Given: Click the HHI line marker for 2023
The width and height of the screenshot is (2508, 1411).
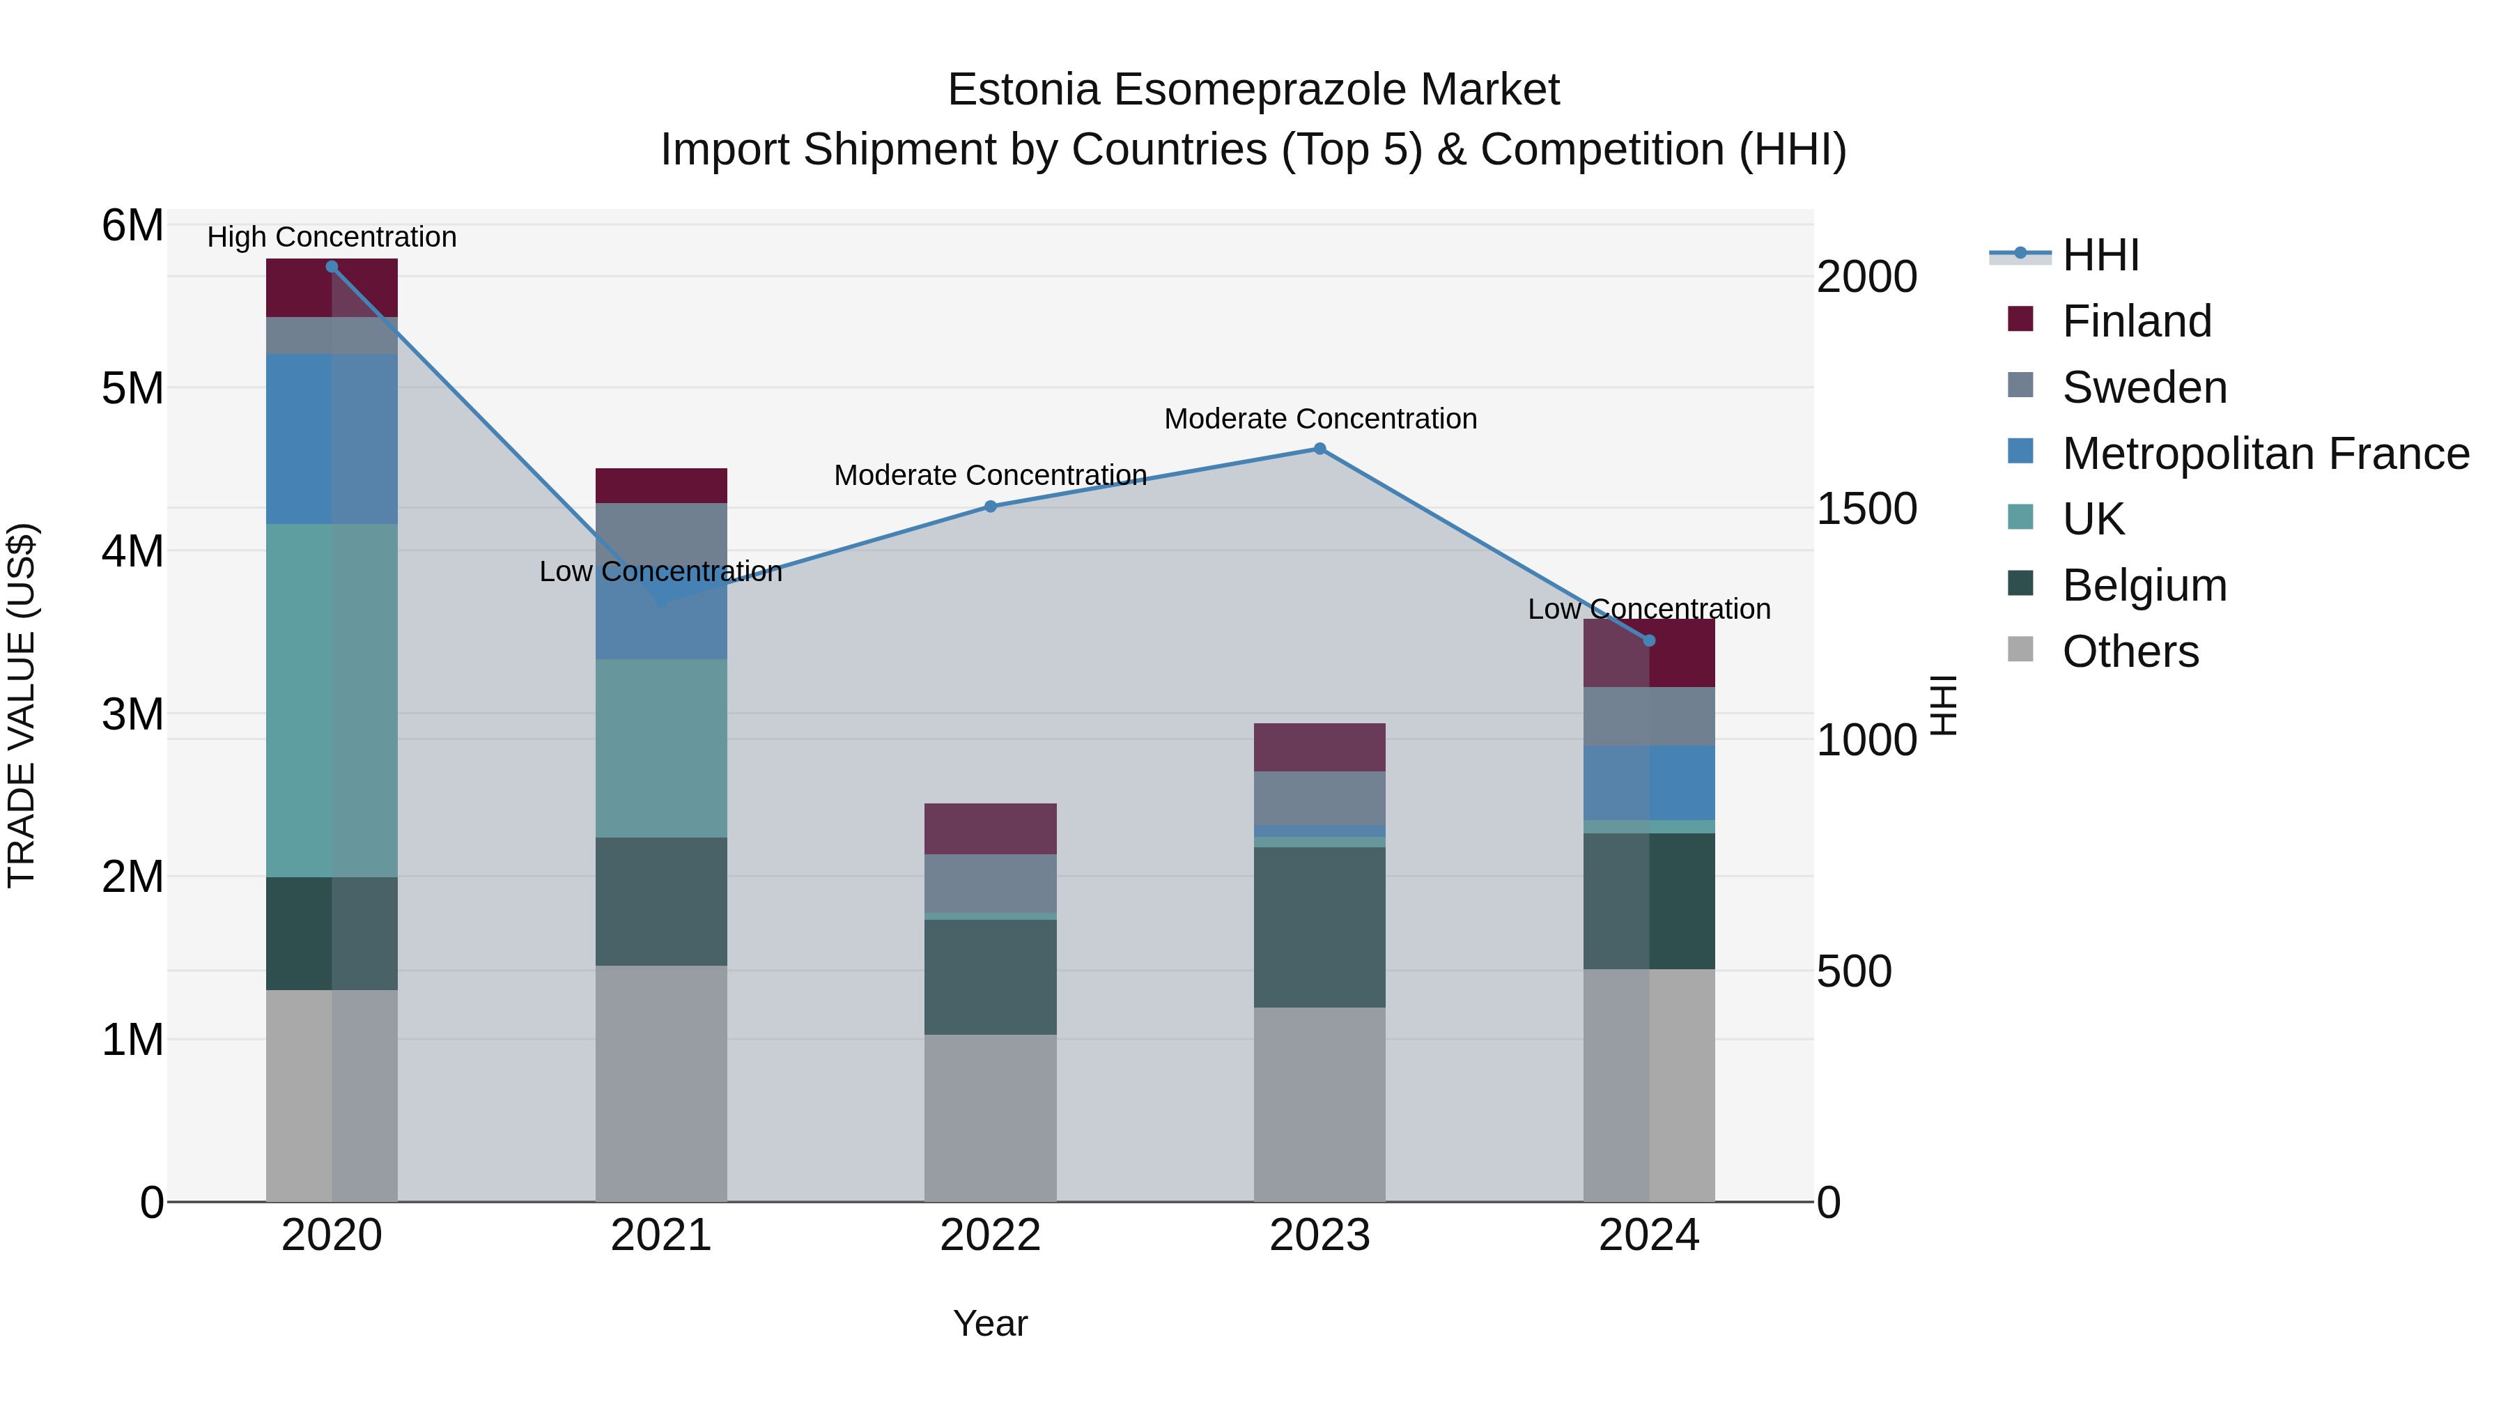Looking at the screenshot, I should coord(1319,449).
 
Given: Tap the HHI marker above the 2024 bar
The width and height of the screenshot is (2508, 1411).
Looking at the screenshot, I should coord(1649,641).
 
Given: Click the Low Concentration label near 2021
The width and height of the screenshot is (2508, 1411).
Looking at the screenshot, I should coord(660,571).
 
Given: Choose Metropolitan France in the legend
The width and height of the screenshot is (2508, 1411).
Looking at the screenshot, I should coord(2265,454).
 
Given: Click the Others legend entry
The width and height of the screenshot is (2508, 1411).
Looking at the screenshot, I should coord(2130,651).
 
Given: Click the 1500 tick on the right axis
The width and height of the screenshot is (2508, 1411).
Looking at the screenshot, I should coord(1866,509).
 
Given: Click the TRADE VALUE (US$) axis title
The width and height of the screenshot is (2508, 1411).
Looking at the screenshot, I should coord(22,705).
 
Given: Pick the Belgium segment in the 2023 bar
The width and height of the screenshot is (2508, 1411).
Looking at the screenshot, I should coord(1319,927).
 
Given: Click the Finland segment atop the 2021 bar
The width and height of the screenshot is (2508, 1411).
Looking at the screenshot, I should coord(661,486).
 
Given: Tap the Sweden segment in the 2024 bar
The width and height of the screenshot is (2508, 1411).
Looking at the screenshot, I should coord(1649,717).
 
